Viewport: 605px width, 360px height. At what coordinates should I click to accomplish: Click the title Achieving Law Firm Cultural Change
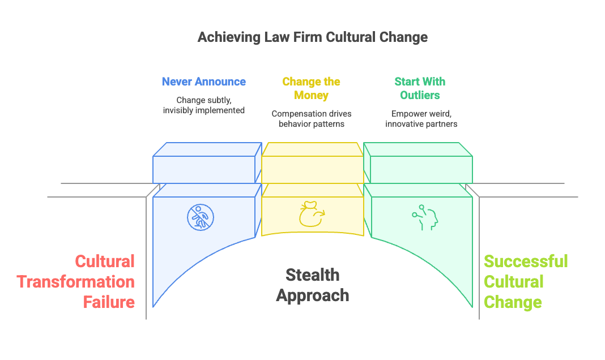click(x=312, y=38)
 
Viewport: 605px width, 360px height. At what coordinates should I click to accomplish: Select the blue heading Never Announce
click(x=203, y=82)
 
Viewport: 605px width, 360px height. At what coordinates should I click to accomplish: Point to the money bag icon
click(x=311, y=215)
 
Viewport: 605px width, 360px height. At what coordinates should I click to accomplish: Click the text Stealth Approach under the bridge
click(x=313, y=285)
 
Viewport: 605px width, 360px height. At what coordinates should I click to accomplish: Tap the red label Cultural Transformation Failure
click(x=75, y=281)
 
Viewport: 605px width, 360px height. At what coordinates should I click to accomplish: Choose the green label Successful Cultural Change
click(x=525, y=281)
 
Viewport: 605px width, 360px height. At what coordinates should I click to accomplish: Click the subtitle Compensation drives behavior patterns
click(x=312, y=119)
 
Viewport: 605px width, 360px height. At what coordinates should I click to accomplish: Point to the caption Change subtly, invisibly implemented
click(x=203, y=105)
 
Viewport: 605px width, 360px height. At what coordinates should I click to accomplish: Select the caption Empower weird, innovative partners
click(x=421, y=119)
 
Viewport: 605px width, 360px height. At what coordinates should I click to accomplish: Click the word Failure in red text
click(x=109, y=302)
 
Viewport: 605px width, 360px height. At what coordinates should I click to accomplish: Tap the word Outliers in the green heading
click(x=420, y=95)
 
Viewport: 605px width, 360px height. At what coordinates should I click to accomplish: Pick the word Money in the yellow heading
click(x=311, y=95)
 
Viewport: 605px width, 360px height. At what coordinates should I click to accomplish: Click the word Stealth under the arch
click(x=312, y=275)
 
